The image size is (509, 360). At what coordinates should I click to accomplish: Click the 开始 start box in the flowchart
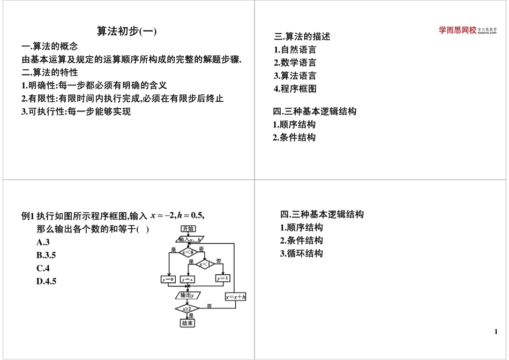pyautogui.click(x=188, y=229)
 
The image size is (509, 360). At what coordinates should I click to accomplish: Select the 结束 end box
pyautogui.click(x=188, y=323)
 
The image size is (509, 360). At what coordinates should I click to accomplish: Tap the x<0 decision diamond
pyautogui.click(x=188, y=252)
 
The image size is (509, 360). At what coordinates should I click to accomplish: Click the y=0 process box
pyautogui.click(x=168, y=279)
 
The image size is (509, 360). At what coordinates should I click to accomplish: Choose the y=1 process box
pyautogui.click(x=223, y=279)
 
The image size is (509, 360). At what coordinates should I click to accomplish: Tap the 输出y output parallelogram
pyautogui.click(x=188, y=295)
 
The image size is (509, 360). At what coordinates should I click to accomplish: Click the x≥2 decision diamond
pyautogui.click(x=188, y=309)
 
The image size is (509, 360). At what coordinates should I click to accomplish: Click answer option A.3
pyautogui.click(x=43, y=242)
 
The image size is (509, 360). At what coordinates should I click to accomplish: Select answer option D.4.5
pyautogui.click(x=47, y=281)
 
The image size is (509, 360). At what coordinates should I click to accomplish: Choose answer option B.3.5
pyautogui.click(x=47, y=255)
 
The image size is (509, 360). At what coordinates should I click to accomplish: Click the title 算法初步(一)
pyautogui.click(x=126, y=32)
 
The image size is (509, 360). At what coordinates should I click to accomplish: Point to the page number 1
pyautogui.click(x=496, y=332)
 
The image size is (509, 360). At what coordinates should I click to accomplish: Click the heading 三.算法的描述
pyautogui.click(x=302, y=36)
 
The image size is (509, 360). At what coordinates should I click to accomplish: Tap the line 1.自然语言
pyautogui.click(x=295, y=50)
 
